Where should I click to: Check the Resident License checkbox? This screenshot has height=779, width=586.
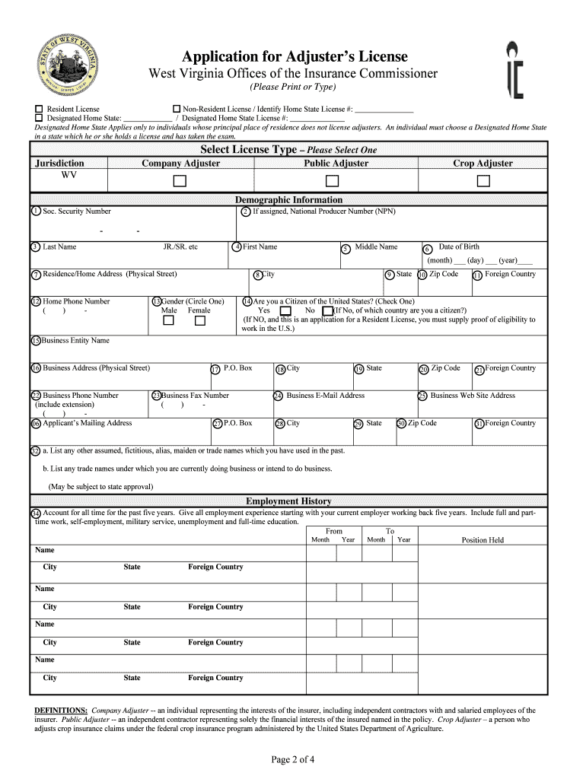coord(39,109)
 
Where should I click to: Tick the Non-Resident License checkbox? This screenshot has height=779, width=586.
coord(177,109)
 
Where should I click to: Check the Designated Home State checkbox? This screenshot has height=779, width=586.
coord(39,118)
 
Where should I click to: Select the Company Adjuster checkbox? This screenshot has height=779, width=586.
coord(180,181)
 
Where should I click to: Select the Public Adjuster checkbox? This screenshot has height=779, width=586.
coord(332,181)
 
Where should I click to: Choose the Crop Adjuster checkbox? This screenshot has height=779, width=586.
coord(483,181)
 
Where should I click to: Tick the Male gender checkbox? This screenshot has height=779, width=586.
coord(169,321)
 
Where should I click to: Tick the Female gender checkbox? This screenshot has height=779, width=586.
coord(200,321)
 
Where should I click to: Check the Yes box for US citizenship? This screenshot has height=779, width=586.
coord(285,311)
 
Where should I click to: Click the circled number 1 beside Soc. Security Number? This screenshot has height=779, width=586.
coord(36,211)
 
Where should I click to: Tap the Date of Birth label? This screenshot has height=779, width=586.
coord(459,246)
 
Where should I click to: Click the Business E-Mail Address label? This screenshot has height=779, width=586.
coord(325,396)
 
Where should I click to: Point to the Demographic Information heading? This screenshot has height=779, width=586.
coord(288,200)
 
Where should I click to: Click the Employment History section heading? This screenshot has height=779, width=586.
coord(288,501)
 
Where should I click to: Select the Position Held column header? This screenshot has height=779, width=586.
coord(482,540)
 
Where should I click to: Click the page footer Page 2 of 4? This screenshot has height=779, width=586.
coord(293,759)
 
